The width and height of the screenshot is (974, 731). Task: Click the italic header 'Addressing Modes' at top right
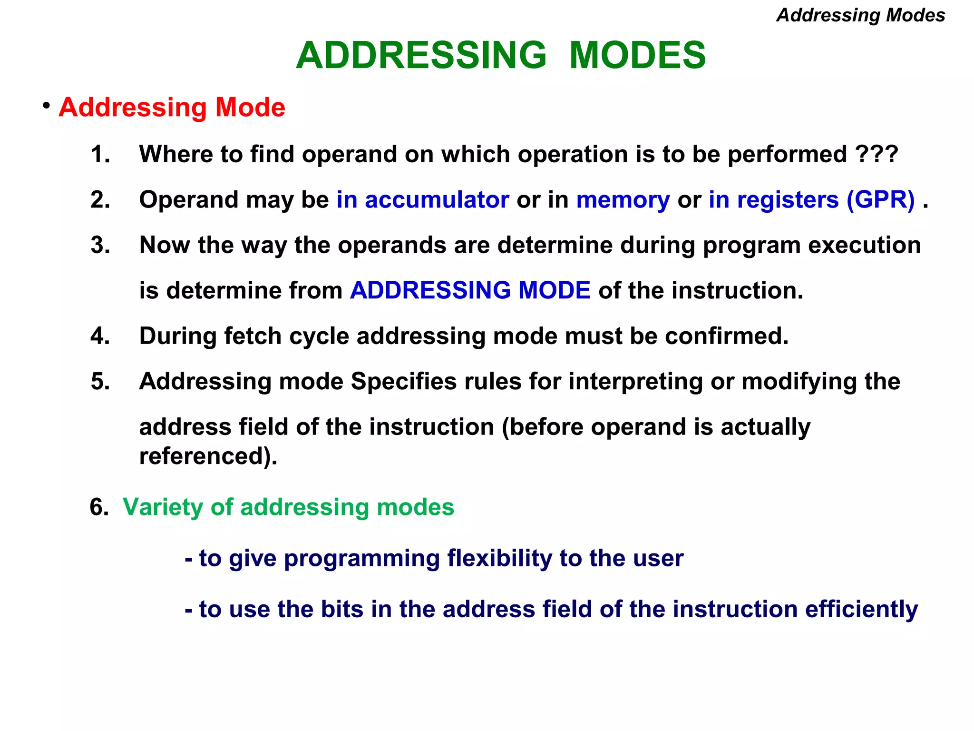coord(860,15)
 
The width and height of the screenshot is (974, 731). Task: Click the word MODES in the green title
coord(637,55)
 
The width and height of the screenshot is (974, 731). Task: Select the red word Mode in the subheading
coord(250,108)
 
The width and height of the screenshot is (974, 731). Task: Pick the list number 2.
coord(100,200)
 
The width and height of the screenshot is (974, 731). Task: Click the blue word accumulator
coord(437,200)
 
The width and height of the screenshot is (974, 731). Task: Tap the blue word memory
coord(623,200)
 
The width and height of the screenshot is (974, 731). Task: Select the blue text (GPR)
coord(880,200)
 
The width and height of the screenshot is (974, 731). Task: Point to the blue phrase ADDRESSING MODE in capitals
coord(470,290)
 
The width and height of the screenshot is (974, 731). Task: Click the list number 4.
coord(100,336)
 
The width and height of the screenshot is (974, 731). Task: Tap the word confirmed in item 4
coord(726,336)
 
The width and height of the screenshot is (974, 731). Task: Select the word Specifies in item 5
coord(403,382)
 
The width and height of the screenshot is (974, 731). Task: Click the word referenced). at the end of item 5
coord(208,456)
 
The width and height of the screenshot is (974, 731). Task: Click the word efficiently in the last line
coord(861,610)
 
